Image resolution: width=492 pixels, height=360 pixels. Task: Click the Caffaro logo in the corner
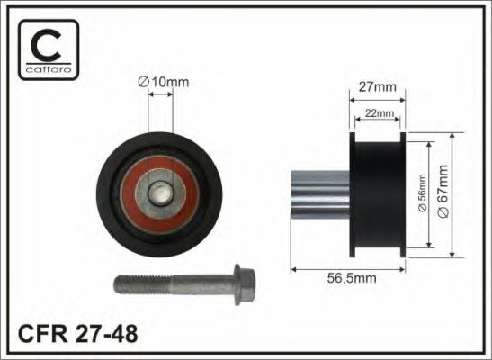49,49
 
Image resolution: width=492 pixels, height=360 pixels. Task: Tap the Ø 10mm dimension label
163,82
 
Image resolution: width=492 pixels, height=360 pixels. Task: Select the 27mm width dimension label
378,87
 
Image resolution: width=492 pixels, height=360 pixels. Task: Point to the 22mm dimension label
378,113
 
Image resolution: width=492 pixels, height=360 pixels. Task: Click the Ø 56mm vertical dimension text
423,193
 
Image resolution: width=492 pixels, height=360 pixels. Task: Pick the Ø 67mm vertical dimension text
443,191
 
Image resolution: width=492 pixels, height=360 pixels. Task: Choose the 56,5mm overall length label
352,278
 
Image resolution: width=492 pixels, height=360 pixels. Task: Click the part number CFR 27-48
78,334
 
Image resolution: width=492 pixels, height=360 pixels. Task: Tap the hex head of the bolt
245,284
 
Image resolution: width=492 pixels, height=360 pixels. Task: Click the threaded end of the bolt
143,284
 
